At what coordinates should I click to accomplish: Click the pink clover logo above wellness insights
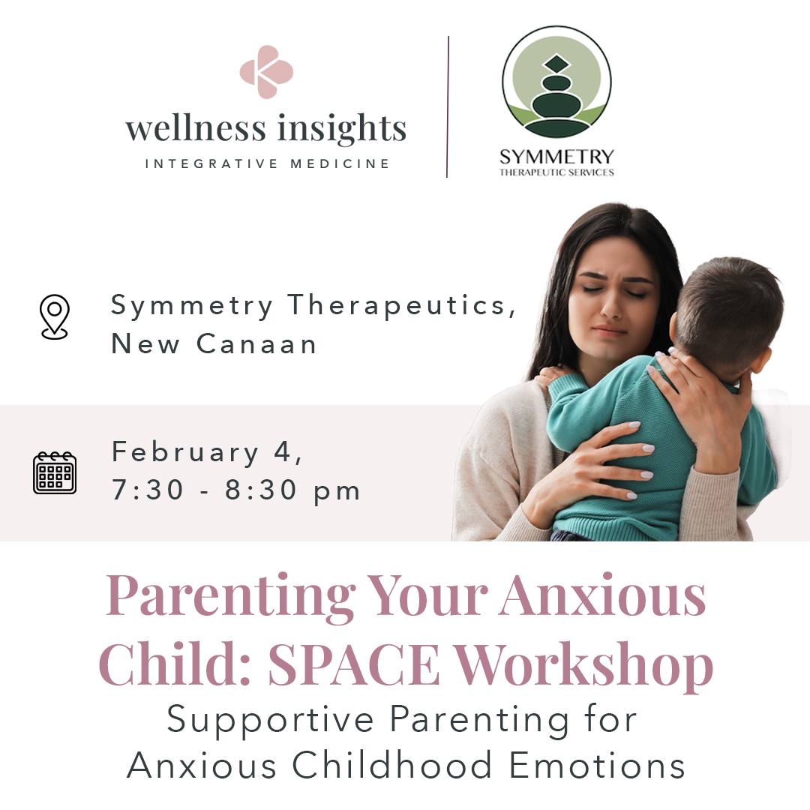point(266,72)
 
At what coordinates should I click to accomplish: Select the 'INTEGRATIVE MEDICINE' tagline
point(267,163)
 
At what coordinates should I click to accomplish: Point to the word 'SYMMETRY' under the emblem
point(556,157)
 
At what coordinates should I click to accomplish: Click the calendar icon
point(55,472)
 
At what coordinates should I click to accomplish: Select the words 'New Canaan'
point(214,344)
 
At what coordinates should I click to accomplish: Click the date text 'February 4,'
point(207,453)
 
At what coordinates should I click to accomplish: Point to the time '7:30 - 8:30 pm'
point(236,491)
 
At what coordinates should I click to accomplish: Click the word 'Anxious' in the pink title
point(604,595)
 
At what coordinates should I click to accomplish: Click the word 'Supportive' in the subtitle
point(270,719)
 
